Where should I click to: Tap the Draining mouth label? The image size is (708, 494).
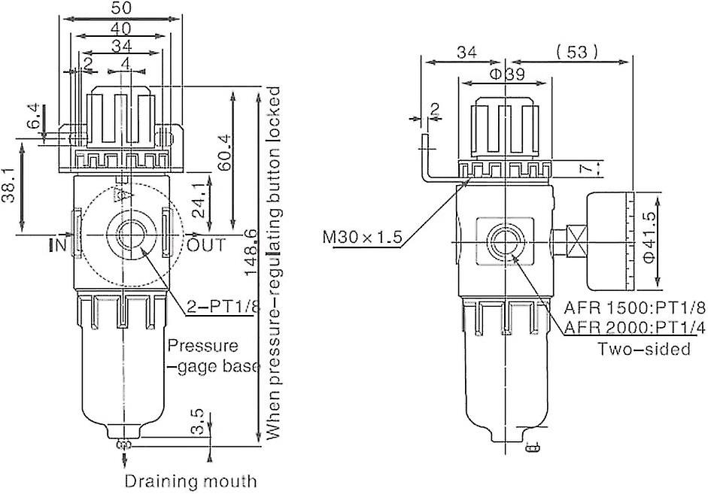pyautogui.click(x=190, y=480)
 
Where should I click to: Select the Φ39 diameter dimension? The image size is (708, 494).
pyautogui.click(x=506, y=74)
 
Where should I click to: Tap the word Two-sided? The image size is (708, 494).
pyautogui.click(x=644, y=349)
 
